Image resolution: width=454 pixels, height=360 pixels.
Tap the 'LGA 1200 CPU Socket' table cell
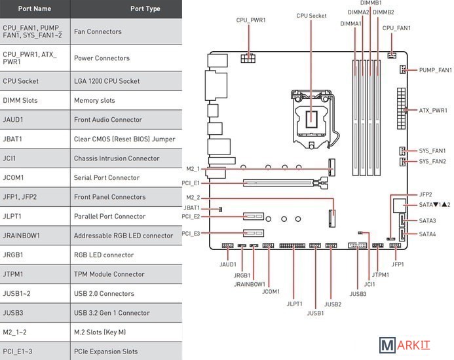tap(107, 81)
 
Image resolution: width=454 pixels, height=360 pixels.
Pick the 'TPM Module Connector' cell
tap(109, 274)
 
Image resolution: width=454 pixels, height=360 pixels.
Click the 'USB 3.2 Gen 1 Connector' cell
tap(112, 313)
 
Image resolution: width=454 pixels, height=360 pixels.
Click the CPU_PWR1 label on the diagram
tap(251, 20)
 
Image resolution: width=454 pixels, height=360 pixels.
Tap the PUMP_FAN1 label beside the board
tap(435, 69)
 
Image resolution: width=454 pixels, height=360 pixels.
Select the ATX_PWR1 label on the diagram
tap(433, 111)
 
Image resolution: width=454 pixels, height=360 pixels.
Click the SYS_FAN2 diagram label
tap(432, 161)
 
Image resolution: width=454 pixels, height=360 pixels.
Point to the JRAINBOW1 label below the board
tap(250, 284)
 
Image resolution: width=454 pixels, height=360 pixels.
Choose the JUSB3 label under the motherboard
tap(358, 294)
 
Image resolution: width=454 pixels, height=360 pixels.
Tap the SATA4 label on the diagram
tap(427, 234)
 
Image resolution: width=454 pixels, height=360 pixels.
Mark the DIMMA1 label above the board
tap(351, 24)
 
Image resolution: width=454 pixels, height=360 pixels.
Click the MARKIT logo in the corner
tap(412, 345)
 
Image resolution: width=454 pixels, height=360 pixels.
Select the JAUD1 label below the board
tap(227, 264)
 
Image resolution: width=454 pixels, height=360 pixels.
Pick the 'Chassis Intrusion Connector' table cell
tap(116, 158)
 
